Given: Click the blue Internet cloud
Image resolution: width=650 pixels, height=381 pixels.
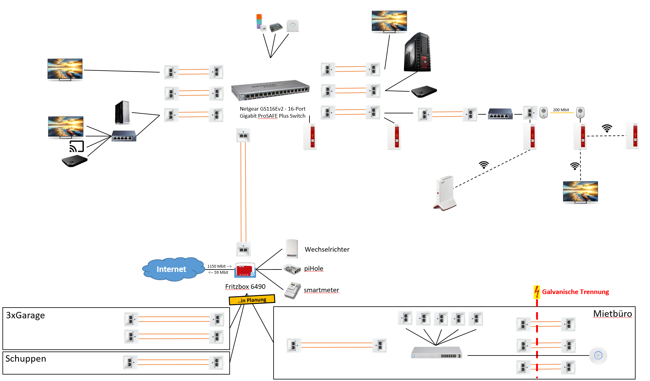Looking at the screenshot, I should tap(172, 269).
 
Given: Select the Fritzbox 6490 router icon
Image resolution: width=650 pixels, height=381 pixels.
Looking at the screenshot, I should tap(245, 270).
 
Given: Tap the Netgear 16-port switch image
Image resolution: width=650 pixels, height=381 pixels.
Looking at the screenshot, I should tap(270, 90).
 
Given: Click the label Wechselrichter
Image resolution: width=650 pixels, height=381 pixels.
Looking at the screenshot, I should tap(327, 249).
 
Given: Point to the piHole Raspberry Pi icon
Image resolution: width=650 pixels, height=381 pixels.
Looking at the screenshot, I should tap(292, 269).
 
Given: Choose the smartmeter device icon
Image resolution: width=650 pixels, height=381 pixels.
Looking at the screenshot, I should tap(292, 290).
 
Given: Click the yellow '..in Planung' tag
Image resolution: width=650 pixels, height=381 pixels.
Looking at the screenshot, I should tap(252, 300).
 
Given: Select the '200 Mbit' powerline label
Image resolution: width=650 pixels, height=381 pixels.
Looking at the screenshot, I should tap(561, 110).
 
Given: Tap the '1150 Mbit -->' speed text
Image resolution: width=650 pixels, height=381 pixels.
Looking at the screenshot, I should tap(219, 266).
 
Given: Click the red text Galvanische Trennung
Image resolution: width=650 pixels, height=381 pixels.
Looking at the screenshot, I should tap(575, 292).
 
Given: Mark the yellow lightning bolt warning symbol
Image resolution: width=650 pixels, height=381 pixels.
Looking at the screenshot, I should tap(537, 292).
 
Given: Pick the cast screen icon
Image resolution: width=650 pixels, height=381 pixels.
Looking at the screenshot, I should tap(76, 147).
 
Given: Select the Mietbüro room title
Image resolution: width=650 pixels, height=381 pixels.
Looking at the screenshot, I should tap(613, 314).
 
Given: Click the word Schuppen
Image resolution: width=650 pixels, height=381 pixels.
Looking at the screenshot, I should tap(26, 359).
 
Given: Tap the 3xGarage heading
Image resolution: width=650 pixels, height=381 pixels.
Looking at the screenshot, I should tap(25, 315).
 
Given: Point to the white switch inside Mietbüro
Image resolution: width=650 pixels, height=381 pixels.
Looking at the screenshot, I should tap(436, 352).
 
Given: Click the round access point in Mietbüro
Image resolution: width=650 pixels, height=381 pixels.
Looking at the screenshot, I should tap(598, 355).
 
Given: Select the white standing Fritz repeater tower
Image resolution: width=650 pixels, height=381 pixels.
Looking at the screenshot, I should tap(444, 193).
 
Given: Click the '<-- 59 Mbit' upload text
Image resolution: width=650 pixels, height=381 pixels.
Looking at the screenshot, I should tap(218, 273).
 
